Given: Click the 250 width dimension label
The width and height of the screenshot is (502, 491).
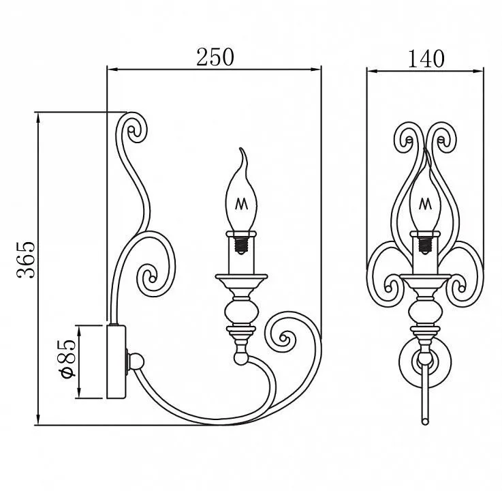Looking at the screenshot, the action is click(x=215, y=57).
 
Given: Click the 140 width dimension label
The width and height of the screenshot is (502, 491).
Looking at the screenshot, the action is click(x=426, y=59).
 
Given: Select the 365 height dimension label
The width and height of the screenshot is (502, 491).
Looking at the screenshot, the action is click(x=26, y=260).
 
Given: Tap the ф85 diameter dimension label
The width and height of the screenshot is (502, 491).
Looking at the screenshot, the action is click(x=67, y=357).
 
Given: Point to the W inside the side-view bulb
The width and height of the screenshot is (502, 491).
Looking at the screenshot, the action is click(x=241, y=204).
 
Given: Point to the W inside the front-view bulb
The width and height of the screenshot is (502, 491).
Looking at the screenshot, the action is click(x=425, y=203).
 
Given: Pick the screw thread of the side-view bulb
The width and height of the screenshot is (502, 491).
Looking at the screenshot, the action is click(x=241, y=245).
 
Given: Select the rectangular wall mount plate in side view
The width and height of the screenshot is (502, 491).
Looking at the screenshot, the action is click(x=116, y=362).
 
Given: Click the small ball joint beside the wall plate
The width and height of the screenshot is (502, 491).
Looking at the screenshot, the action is click(x=136, y=361).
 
